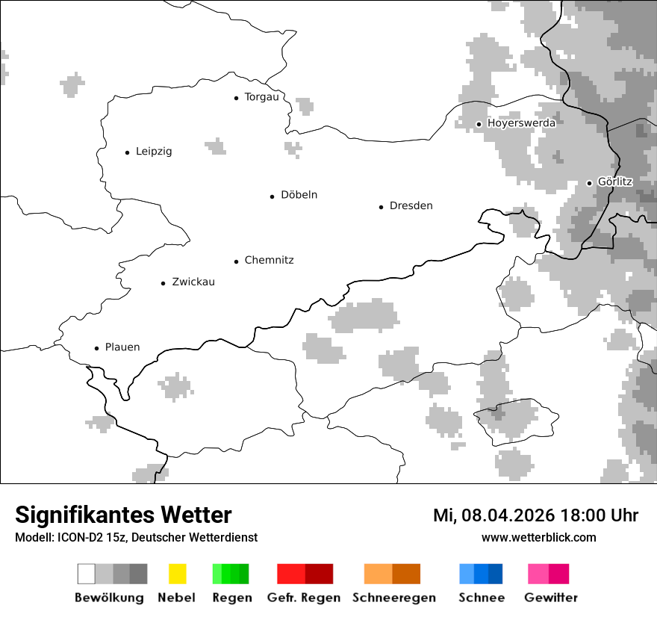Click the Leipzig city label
click(153, 152)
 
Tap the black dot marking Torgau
click(236, 98)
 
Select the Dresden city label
click(411, 206)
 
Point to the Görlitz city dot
click(589, 183)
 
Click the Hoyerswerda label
click(521, 123)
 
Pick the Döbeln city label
click(299, 195)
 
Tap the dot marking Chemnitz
click(236, 261)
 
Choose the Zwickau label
click(193, 282)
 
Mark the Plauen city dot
click(96, 348)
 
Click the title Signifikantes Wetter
click(123, 515)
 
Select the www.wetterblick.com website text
click(538, 538)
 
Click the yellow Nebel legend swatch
click(177, 574)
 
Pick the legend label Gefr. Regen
click(303, 598)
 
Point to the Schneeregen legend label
click(393, 598)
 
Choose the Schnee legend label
click(481, 598)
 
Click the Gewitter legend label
click(551, 598)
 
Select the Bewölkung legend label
click(109, 598)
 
